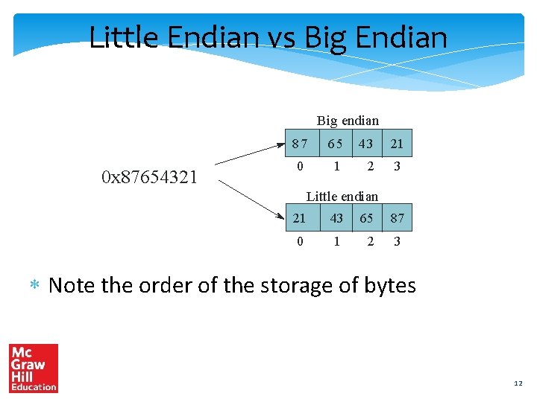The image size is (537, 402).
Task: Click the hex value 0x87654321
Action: tap(149, 177)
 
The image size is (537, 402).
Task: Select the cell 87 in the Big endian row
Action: tap(300, 144)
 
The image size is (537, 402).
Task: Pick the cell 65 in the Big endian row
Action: tap(336, 144)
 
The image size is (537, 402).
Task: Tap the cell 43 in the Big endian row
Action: tap(365, 144)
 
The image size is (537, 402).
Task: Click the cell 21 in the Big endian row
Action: tap(397, 144)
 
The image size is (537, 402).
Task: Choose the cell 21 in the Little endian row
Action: tap(300, 218)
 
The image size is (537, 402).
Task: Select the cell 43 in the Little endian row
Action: tap(336, 218)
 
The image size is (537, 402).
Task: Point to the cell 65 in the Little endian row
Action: tap(366, 218)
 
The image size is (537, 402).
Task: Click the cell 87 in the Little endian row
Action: tap(397, 218)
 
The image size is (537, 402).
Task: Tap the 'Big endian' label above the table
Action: tap(348, 121)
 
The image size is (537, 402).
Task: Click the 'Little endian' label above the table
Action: tap(342, 197)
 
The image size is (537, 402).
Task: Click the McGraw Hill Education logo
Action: tap(34, 368)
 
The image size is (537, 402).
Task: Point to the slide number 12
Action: tap(518, 383)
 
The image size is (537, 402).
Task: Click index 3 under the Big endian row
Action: tap(397, 167)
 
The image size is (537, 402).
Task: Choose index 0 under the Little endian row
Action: tap(300, 241)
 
